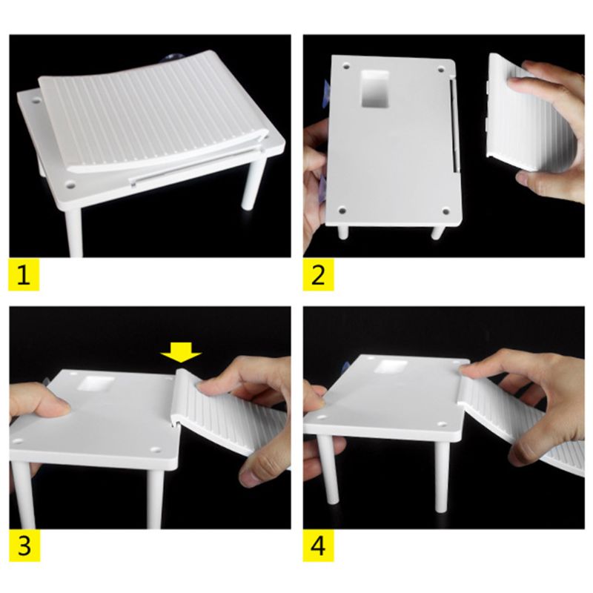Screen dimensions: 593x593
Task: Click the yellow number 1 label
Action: [x=24, y=276]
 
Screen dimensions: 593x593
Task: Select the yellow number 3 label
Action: [x=24, y=547]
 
